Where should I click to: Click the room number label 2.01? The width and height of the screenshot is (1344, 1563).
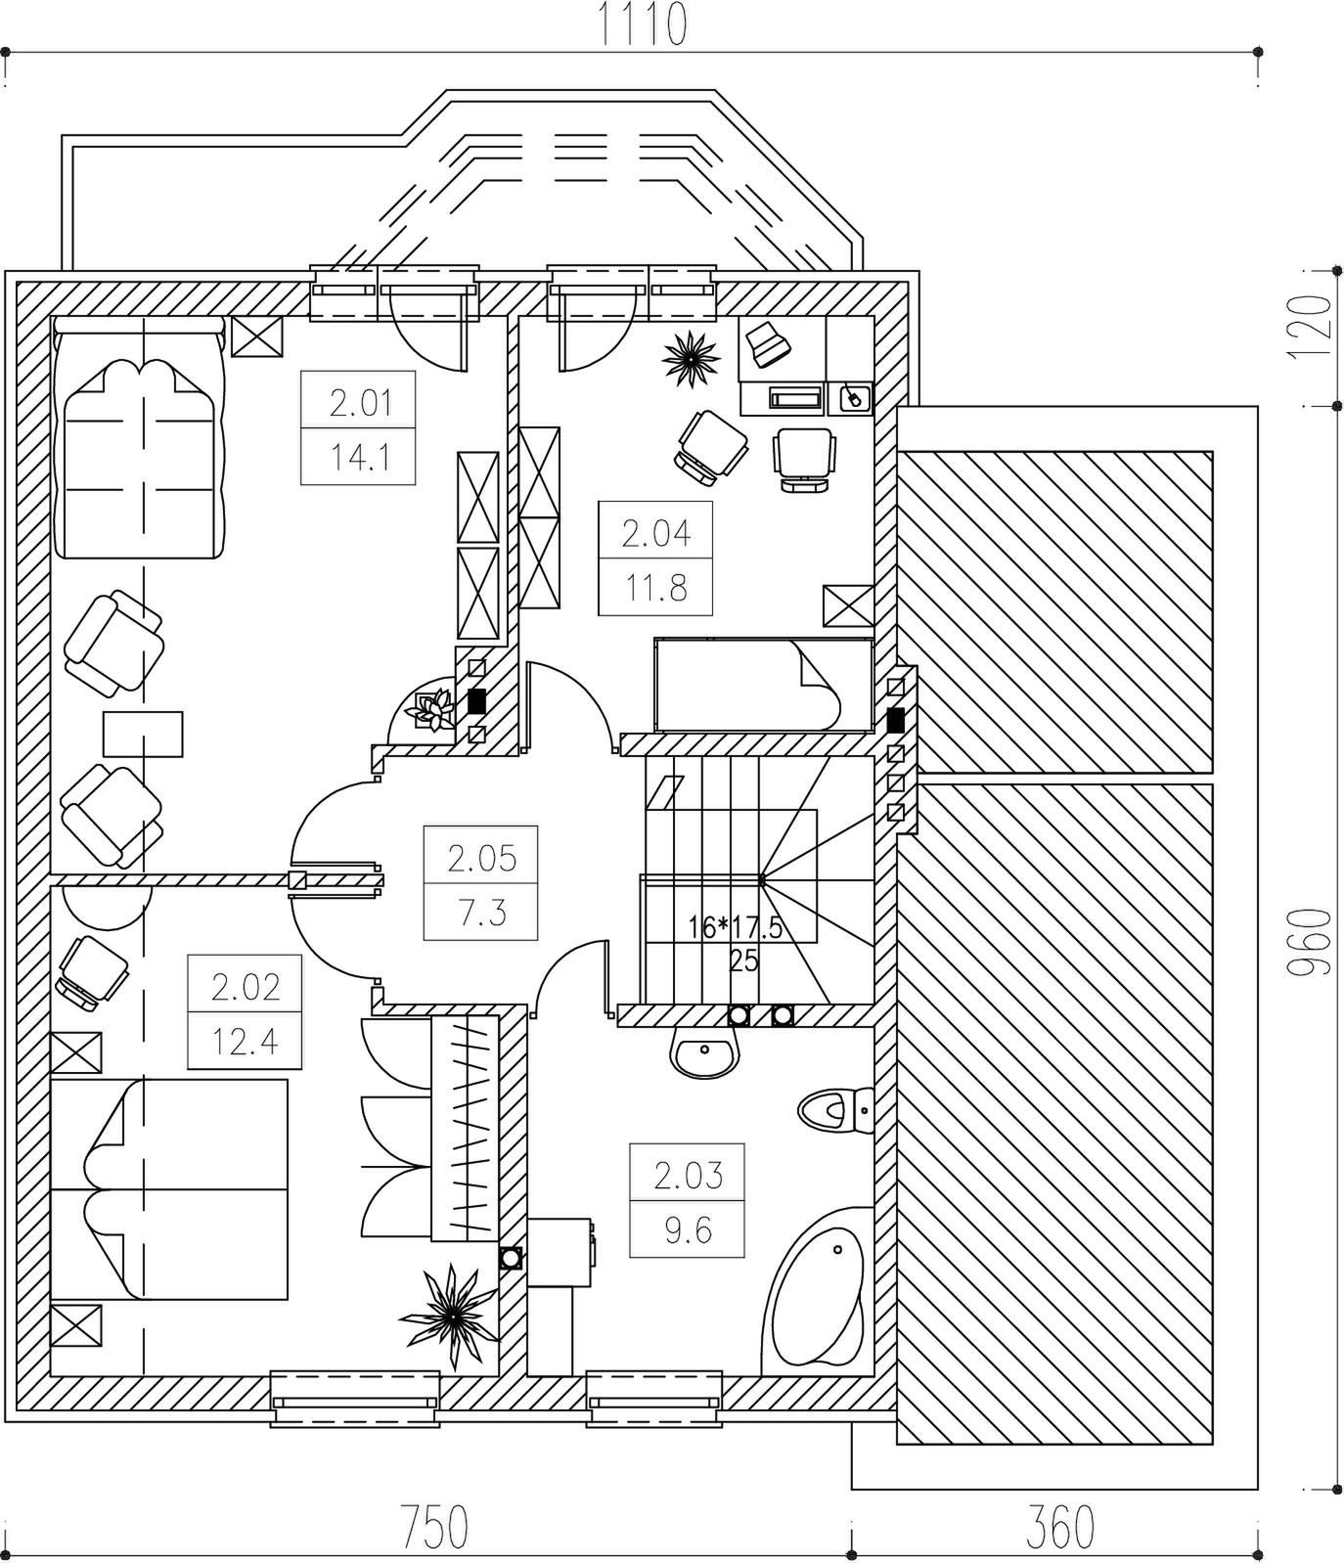click(x=360, y=403)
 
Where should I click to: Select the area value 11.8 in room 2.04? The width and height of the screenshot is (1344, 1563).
click(x=655, y=588)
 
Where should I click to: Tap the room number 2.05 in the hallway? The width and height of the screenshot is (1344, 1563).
click(x=481, y=859)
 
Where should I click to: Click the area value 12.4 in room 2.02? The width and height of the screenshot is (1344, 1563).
click(x=245, y=1043)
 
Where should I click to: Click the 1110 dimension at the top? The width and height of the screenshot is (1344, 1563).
click(x=642, y=25)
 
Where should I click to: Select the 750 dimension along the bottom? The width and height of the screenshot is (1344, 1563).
click(x=434, y=1527)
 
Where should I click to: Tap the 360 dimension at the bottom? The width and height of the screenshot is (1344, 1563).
click(x=1060, y=1527)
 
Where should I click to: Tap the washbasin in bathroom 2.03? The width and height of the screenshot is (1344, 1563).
click(x=703, y=1054)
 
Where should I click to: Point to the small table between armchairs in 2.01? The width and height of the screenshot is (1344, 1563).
click(x=143, y=734)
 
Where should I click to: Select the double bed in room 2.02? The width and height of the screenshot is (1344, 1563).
click(x=168, y=1189)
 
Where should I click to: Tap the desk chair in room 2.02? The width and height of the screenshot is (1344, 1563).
click(x=92, y=970)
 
